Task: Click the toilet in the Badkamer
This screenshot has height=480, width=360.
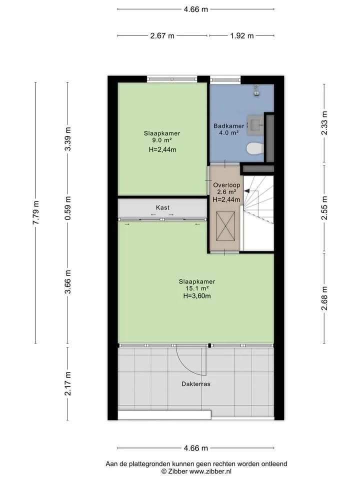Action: coord(255,149)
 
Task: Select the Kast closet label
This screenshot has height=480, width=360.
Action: coord(162,207)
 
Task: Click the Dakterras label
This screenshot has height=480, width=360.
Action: coord(196,384)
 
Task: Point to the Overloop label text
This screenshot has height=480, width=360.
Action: coord(226,185)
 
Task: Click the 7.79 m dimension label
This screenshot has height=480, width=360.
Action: coord(36,213)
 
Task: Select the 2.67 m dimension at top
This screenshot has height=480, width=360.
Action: coord(162,36)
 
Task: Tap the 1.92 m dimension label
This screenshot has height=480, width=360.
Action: coord(242,36)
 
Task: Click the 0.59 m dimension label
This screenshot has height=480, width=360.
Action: coord(68,208)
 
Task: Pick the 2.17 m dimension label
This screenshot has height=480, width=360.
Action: coord(68,383)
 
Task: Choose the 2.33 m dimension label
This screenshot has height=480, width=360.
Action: coord(324,123)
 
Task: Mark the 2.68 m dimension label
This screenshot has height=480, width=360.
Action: coord(324,298)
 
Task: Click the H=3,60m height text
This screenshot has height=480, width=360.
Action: coord(197,296)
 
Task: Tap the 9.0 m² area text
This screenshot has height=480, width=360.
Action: coord(162,140)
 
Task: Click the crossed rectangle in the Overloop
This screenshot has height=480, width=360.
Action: coord(225,226)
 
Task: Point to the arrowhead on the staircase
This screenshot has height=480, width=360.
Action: coord(246,191)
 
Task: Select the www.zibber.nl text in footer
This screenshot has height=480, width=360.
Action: coord(210,471)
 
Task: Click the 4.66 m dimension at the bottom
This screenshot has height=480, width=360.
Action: coord(196,448)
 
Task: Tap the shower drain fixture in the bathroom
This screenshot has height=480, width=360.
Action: coord(256,90)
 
